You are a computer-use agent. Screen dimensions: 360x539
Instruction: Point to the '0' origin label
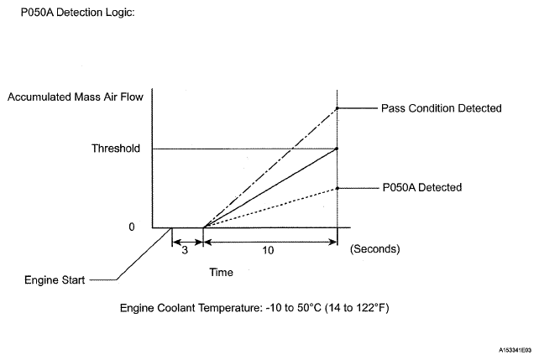tap(131, 227)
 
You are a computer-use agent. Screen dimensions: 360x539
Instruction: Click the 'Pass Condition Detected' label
tap(441, 108)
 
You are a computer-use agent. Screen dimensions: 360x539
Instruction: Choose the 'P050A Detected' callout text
tap(421, 187)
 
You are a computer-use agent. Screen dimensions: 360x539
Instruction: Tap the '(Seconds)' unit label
tap(374, 250)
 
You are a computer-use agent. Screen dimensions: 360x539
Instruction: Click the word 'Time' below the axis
tap(222, 273)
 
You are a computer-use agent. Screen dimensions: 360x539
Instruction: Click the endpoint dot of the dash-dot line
tap(337, 108)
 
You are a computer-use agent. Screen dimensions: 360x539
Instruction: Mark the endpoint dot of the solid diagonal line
tap(337, 149)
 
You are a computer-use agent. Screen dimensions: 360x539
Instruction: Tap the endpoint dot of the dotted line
tap(337, 188)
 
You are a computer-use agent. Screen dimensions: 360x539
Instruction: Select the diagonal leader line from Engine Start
tap(143, 255)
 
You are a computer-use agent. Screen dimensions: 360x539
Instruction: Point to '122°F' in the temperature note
tap(369, 308)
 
